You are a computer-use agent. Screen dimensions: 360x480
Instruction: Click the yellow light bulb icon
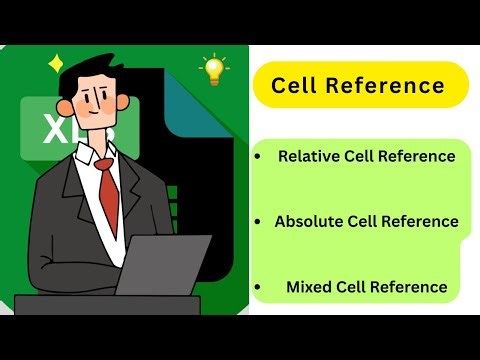tap(213, 69)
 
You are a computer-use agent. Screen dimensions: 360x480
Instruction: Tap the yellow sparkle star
tap(56, 65)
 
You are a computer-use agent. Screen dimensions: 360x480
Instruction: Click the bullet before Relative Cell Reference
tap(259, 157)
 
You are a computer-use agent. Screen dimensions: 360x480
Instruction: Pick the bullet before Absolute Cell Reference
tap(259, 222)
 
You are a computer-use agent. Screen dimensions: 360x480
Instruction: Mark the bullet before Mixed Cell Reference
tap(259, 288)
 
